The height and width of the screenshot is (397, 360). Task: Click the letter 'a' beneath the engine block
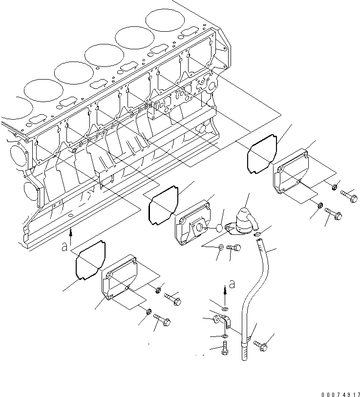coord(64,247)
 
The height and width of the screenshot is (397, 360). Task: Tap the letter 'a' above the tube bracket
coord(232,284)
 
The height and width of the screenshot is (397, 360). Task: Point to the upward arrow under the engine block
coord(72,235)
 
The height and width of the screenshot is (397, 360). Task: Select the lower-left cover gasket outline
coord(90,261)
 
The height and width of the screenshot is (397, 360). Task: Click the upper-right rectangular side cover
coord(291,176)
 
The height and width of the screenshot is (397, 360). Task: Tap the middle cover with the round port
coord(194,224)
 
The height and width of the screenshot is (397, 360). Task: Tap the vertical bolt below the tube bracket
coord(224,350)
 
